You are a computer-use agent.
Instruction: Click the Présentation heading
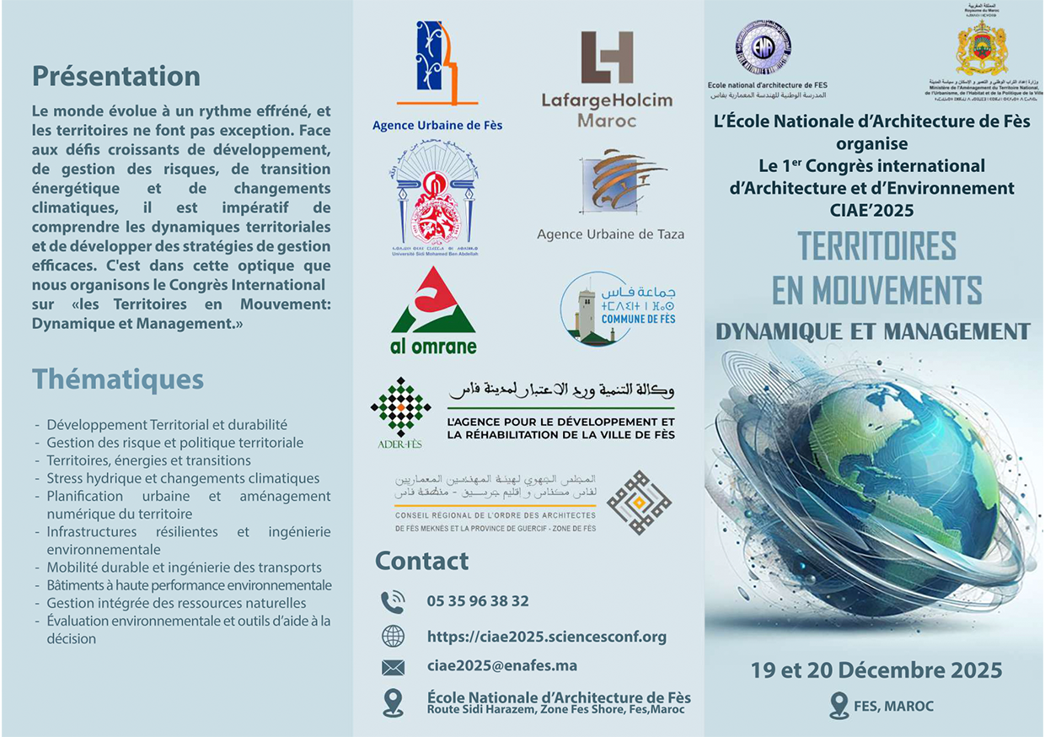116,77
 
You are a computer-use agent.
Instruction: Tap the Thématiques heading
118,379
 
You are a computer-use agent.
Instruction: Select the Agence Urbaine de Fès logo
437,63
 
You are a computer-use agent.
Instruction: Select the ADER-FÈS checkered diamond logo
401,407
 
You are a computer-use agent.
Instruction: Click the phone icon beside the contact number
393,601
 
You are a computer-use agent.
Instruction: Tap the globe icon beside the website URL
393,636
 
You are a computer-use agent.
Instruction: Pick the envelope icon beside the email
393,667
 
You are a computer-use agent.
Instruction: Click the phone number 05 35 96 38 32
478,601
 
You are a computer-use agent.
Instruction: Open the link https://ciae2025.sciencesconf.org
547,637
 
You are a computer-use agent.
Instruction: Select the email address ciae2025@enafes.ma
502,666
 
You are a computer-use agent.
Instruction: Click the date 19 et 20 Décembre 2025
876,670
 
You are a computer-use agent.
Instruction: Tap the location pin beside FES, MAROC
839,705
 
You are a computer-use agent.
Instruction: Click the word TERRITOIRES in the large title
876,246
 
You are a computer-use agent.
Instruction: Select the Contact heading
421,561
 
